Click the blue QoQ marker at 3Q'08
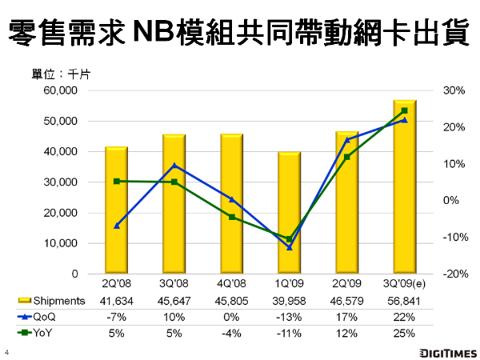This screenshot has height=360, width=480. tap(174, 166)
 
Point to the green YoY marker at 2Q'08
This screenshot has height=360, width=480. tap(117, 182)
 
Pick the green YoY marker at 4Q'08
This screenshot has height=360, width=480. tap(232, 217)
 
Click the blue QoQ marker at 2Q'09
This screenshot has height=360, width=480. tap(346, 139)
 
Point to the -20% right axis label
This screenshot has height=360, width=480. tap(453, 274)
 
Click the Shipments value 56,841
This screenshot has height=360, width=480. tap(404, 301)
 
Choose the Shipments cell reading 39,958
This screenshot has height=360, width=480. tap(289, 301)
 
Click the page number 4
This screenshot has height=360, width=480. tap(6, 353)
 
